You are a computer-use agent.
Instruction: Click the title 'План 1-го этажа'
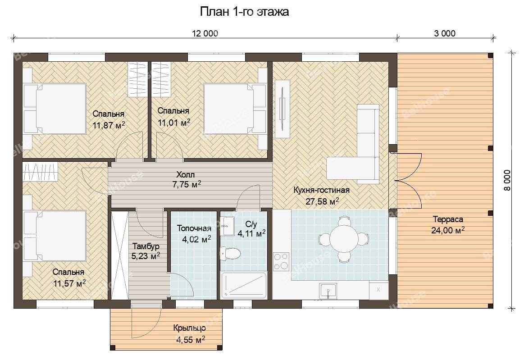[244, 12]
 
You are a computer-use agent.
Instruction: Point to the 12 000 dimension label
[205, 33]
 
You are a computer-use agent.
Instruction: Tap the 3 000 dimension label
[445, 33]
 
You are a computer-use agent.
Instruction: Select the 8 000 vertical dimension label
[507, 180]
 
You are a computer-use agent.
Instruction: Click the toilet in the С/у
[230, 254]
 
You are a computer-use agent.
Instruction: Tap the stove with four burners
[281, 261]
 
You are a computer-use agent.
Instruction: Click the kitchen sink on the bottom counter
[328, 291]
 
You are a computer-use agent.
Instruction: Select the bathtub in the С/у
[244, 285]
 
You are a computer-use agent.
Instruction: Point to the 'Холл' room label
[186, 174]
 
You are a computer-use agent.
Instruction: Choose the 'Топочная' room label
[194, 228]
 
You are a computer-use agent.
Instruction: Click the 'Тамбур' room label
[146, 246]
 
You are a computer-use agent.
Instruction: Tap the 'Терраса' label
[448, 219]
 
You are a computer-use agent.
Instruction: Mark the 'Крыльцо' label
[190, 328]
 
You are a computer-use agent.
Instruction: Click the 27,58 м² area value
[322, 201]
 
